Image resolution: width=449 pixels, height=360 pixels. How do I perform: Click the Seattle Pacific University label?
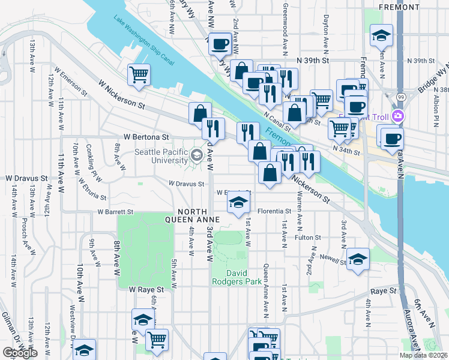(161, 156)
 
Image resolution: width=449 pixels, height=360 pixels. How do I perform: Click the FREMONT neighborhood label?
(399, 7)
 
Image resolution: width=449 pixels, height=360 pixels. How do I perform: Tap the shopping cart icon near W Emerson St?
(139, 75)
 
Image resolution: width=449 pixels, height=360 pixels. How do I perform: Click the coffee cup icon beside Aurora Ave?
(392, 139)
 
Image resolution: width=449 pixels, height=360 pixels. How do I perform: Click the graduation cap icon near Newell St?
(358, 259)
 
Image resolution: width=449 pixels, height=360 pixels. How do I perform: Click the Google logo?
(20, 353)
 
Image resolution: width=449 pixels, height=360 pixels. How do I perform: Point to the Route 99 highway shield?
(400, 96)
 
